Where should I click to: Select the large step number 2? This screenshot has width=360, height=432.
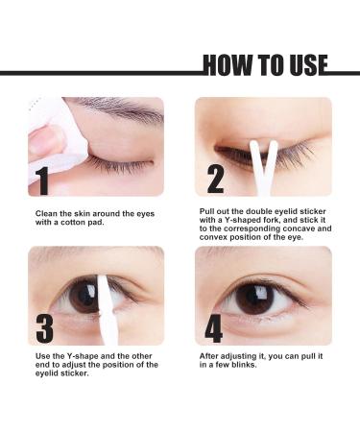click(x=215, y=179)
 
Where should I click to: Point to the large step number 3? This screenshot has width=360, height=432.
click(x=44, y=326)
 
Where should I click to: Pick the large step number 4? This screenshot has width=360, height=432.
click(x=213, y=326)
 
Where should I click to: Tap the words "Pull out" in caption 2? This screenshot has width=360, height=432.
click(x=212, y=211)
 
